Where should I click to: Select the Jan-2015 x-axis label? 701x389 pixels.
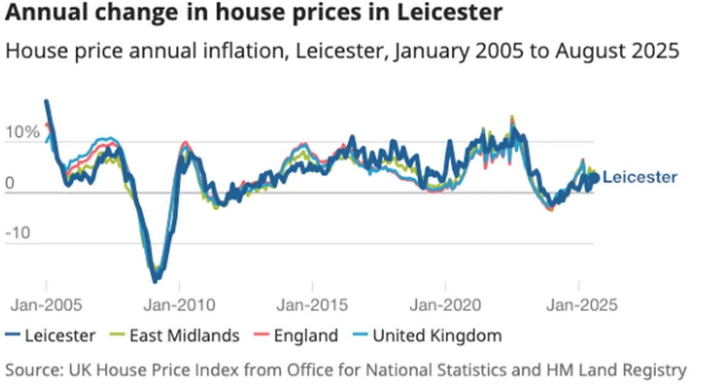(x=312, y=304)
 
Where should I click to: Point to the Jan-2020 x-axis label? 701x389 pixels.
(x=445, y=304)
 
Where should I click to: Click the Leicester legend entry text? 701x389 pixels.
(x=60, y=336)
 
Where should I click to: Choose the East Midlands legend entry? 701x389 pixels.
(x=184, y=336)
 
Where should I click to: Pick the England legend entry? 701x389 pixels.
(x=306, y=336)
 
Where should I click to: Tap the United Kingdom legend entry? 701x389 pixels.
(x=437, y=336)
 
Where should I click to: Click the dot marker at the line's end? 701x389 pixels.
(x=593, y=178)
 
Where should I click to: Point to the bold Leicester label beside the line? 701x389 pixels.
(x=640, y=177)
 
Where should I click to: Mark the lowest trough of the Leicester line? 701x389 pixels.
(x=155, y=280)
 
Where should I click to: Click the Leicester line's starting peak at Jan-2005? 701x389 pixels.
(x=47, y=102)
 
